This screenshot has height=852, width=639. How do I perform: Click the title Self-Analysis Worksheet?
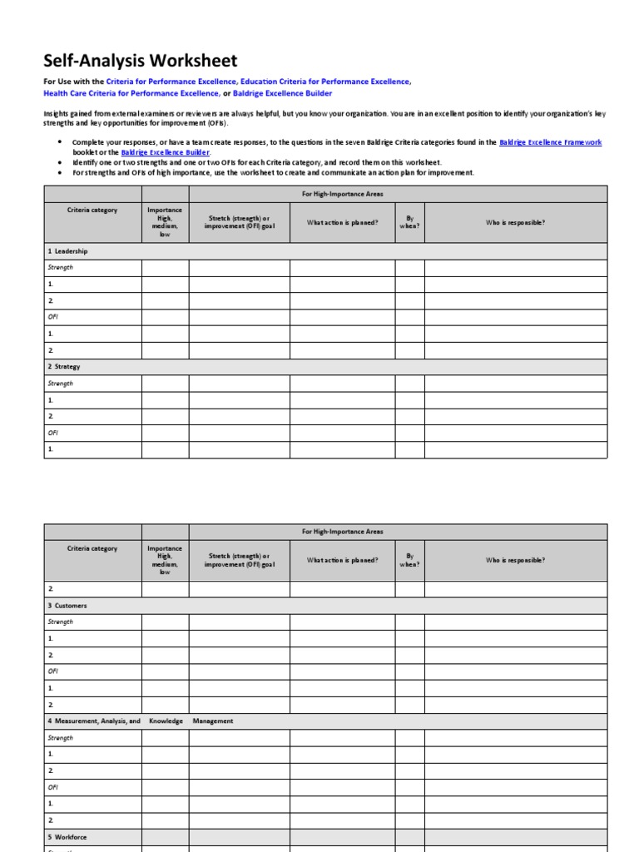[140, 61]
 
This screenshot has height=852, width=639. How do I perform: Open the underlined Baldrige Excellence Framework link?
[550, 142]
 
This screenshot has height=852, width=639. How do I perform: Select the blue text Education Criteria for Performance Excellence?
[325, 82]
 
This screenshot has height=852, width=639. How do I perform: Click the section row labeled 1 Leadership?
[67, 250]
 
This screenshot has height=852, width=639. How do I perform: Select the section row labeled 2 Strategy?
[64, 366]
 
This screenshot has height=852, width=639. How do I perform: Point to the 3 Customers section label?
[67, 605]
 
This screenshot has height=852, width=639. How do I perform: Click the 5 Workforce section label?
[67, 836]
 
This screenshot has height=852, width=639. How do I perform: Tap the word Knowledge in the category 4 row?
[165, 721]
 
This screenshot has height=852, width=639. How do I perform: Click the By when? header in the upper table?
[409, 223]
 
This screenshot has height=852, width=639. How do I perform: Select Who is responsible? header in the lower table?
[515, 560]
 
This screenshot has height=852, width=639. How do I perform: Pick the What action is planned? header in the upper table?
[342, 222]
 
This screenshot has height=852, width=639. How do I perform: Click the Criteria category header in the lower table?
[92, 548]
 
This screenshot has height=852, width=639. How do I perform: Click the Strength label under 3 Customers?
[60, 622]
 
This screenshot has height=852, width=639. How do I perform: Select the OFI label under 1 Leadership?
[52, 316]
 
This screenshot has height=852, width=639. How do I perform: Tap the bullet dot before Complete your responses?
[59, 142]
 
